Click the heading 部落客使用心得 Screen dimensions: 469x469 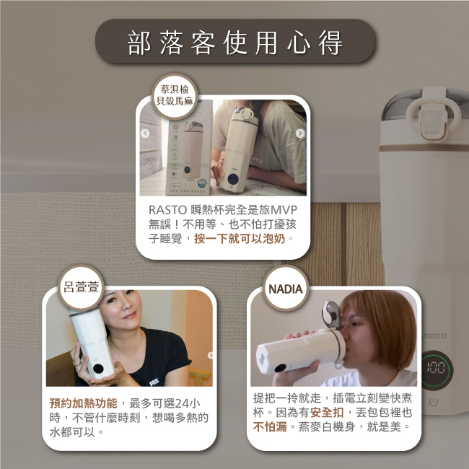234,42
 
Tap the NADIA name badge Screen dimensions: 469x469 285,288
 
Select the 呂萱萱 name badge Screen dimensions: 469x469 81,287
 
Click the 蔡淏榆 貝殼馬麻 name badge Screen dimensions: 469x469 175,96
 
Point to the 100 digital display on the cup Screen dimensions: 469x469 435,368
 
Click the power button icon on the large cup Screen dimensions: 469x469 434,402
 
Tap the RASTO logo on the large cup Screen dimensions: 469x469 434,336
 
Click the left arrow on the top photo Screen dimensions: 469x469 145,133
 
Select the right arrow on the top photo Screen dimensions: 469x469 300,133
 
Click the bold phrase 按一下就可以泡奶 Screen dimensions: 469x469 240,239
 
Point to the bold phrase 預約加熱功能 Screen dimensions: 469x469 84,403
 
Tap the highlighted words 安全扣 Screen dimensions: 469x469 327,413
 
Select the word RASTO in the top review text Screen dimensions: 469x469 168,210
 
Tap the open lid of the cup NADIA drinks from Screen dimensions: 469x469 331,315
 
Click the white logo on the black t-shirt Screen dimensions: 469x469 154,382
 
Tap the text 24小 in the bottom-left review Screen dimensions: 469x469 188,403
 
